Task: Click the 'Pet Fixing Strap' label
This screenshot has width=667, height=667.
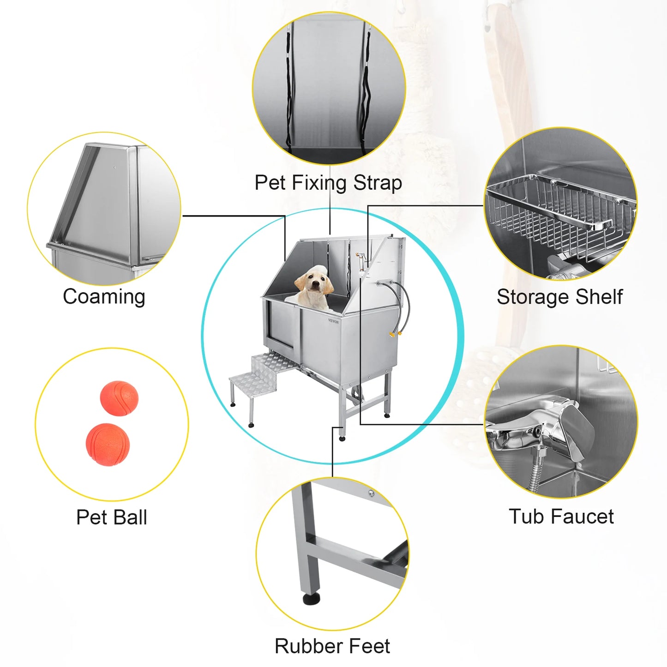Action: pyautogui.click(x=328, y=183)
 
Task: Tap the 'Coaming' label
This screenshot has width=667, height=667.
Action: pyautogui.click(x=104, y=297)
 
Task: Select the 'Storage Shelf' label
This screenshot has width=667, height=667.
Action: pyautogui.click(x=559, y=297)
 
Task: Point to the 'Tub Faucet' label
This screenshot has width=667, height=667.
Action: pyautogui.click(x=561, y=517)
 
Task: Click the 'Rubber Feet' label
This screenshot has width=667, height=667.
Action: pyautogui.click(x=332, y=646)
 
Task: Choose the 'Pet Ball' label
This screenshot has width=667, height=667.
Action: pyautogui.click(x=112, y=517)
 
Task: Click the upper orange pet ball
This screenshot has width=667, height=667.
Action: pyautogui.click(x=119, y=398)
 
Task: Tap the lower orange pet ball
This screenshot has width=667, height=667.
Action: pyautogui.click(x=108, y=445)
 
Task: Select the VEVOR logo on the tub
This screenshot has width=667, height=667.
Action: pyautogui.click(x=333, y=321)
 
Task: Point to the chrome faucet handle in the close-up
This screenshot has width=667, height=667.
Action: pyautogui.click(x=572, y=425)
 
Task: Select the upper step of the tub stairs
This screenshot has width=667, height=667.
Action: pyautogui.click(x=270, y=361)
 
